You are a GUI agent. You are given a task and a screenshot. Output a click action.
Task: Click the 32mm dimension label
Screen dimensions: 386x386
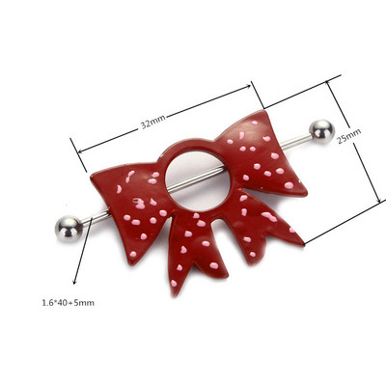pos(153,122)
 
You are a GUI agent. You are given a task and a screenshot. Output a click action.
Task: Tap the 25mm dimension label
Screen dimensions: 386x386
pos(349,136)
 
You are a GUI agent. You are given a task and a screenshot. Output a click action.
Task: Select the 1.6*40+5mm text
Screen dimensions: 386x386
pos(69,303)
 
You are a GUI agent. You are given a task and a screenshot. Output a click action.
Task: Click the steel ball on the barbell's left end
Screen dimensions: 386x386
pos(69,229)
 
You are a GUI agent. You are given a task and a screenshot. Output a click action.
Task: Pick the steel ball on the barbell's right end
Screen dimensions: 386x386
pos(321,132)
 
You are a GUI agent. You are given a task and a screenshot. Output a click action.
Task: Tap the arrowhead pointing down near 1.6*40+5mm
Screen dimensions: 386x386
pos(74,282)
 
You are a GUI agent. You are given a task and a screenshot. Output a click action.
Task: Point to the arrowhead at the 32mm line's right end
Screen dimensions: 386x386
pos(248,86)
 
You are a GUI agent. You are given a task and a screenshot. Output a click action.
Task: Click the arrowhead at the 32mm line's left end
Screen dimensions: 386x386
pos(80,151)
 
